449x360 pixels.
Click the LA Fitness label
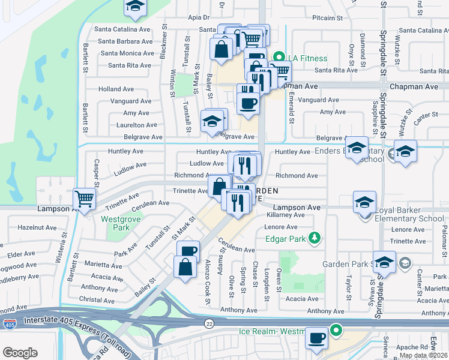tap(307, 58)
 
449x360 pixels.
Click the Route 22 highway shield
tap(208, 323)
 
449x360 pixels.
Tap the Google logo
tap(20, 353)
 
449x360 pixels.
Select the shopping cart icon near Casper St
tap(85, 198)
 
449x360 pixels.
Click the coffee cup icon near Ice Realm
tap(316, 337)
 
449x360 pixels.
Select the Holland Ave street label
tap(116, 89)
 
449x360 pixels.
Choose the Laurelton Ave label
tap(136, 125)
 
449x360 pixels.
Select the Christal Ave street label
tap(97, 299)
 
